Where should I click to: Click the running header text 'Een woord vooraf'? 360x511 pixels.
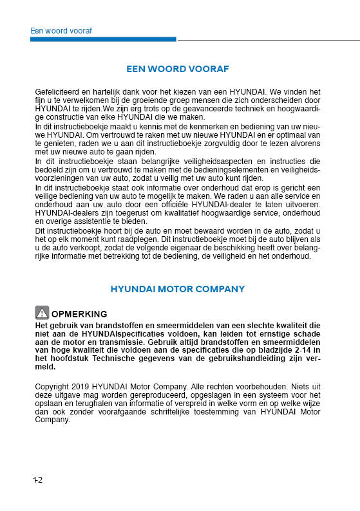[x=61, y=30]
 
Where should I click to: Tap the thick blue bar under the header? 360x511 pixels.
[x=103, y=39]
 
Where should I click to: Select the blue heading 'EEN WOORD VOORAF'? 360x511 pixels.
[x=178, y=69]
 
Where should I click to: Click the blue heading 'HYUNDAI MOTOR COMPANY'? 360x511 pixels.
[x=178, y=289]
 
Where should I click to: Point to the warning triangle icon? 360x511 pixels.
[x=42, y=313]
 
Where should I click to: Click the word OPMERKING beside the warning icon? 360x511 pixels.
[x=79, y=314]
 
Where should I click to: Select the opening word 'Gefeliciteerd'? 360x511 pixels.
[x=58, y=92]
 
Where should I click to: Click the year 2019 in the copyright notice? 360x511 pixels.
[x=82, y=387]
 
